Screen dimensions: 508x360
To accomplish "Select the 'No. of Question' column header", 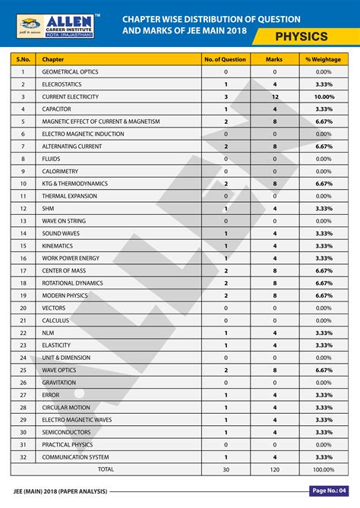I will [x=225, y=58].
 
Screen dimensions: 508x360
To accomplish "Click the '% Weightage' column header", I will [x=324, y=58].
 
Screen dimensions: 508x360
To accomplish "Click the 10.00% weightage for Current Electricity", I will [x=324, y=96].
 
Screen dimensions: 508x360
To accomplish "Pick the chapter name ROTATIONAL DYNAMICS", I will [x=72, y=282].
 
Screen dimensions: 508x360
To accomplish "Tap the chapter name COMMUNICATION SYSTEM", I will [x=76, y=456].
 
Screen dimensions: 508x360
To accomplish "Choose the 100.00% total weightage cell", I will [x=324, y=469].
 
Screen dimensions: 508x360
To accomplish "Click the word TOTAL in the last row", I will [x=106, y=469].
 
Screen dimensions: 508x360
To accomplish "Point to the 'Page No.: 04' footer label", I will [x=328, y=491].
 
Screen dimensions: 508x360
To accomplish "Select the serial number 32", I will [x=23, y=456].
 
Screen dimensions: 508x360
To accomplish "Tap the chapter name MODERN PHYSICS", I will [x=65, y=295].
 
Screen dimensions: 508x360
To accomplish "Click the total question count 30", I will [x=225, y=469].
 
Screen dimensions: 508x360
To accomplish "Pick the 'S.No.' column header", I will [x=23, y=58].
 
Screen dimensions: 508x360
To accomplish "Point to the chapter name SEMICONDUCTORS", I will [x=67, y=431].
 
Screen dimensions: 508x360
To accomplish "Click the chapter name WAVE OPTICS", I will [x=61, y=370].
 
